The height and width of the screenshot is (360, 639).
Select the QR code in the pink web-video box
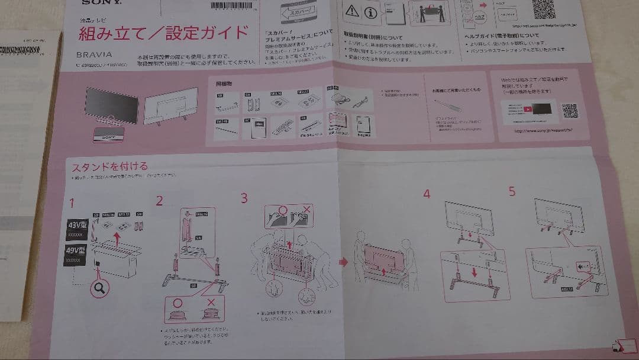(569, 111)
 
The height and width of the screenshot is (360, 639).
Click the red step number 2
(159, 200)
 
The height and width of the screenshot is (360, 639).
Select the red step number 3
(244, 198)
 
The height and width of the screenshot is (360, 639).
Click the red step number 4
(427, 194)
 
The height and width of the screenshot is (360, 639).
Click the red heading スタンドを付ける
(109, 166)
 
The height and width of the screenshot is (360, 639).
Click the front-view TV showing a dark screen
(112, 105)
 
